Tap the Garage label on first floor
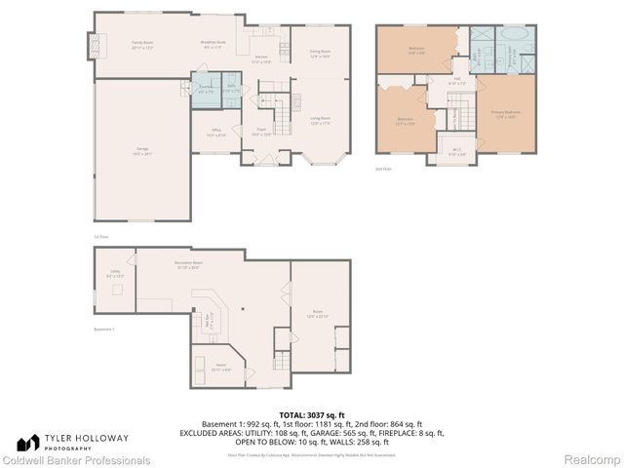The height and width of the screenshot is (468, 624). coord(142,150)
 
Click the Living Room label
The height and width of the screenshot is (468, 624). coord(321,121)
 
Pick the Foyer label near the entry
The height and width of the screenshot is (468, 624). coord(261,132)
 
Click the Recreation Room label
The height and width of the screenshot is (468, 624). coord(189,265)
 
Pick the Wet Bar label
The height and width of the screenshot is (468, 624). coord(208,318)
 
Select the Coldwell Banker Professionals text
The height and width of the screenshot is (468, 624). coord(76,459)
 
